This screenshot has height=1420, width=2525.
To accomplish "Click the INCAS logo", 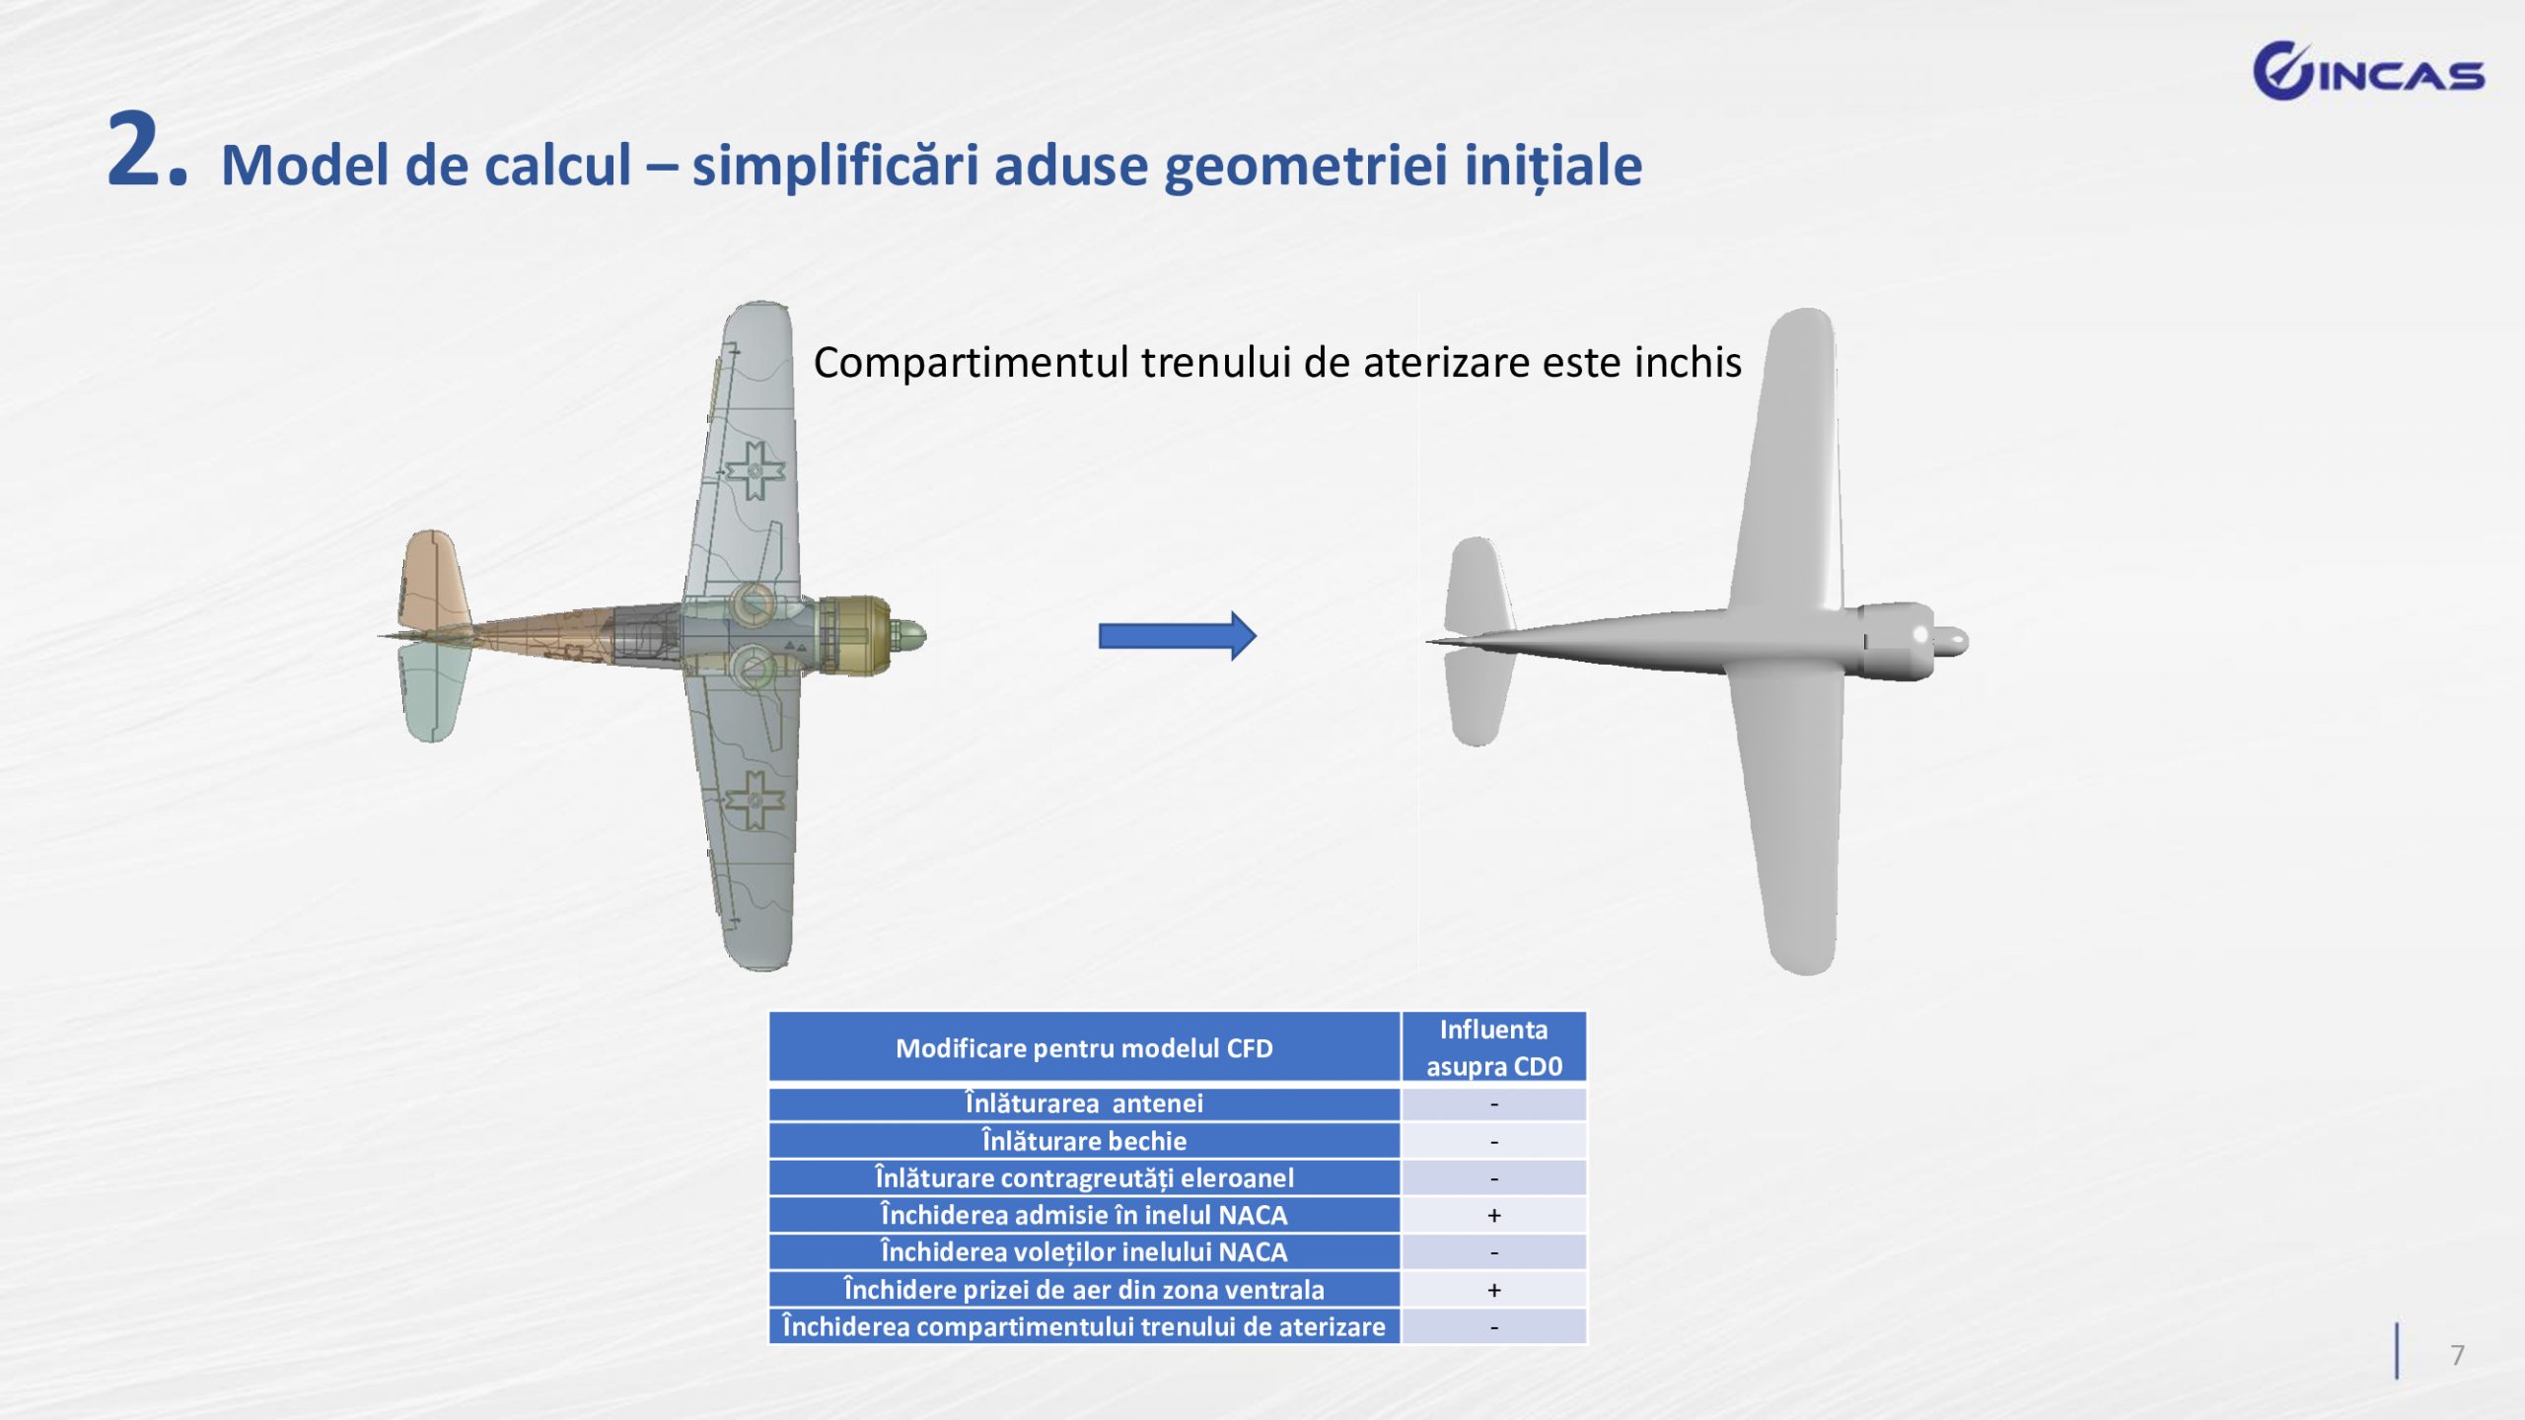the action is (x=2368, y=71).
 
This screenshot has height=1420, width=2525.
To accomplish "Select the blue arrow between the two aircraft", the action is (x=1178, y=636).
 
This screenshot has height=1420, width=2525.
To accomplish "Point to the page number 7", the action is (x=2458, y=1355).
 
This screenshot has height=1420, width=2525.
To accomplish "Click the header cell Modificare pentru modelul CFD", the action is (x=1084, y=1048).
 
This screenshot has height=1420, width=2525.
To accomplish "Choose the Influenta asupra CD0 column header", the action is (x=1493, y=1047).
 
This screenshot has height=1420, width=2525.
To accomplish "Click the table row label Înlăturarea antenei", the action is (x=1084, y=1103).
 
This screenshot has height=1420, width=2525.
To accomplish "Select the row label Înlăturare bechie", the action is (x=1084, y=1141).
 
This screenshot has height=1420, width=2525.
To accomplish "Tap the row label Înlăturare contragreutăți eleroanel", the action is (x=1084, y=1178).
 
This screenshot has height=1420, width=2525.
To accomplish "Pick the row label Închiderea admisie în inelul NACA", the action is (x=1084, y=1215).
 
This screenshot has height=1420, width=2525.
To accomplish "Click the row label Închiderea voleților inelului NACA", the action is (x=1084, y=1252).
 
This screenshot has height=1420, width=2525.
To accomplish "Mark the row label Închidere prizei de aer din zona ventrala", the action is (x=1084, y=1290).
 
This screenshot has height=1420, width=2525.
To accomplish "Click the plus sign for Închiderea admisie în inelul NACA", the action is (x=1494, y=1216).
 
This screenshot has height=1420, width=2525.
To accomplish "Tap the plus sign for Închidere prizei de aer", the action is (x=1494, y=1291).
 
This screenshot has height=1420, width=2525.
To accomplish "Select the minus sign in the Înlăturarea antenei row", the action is (x=1494, y=1104).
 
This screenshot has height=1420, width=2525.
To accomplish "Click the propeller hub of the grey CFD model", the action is (x=1949, y=641).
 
